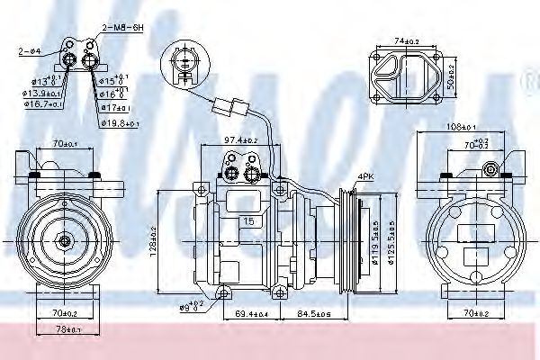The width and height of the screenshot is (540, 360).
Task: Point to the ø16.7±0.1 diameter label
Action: (x=41, y=104)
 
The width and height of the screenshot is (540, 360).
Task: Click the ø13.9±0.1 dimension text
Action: (x=41, y=93)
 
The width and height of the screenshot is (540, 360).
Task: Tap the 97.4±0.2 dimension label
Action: (x=241, y=140)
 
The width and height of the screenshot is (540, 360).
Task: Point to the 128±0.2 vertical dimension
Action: (x=154, y=240)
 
